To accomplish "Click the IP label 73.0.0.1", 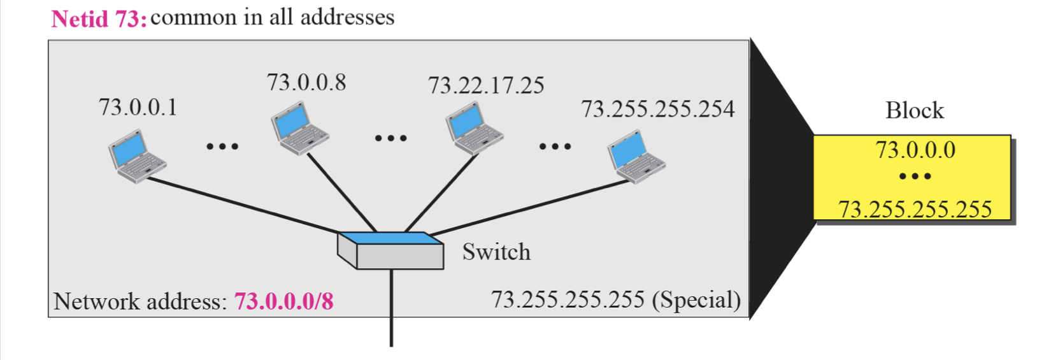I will pos(138,107).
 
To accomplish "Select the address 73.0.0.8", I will pos(306,82).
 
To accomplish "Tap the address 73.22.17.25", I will pos(486,85).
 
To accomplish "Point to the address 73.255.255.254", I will pos(657,109).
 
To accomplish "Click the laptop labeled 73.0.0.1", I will pos(136,157).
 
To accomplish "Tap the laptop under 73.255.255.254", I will pos(636,157).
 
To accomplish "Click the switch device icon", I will pos(390,250).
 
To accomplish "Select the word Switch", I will pos(496,252).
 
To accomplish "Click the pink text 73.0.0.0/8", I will pos(283,301).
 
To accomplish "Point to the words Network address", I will pos(139,301).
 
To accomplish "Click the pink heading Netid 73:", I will pos(99,18).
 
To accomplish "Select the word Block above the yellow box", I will pos(914,111).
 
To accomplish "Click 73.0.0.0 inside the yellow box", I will pos(915,150).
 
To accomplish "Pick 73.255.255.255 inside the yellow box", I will pos(915,209).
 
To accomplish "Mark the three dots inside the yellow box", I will pos(915,176).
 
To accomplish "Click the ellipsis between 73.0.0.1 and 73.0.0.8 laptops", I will pos(222,147).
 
